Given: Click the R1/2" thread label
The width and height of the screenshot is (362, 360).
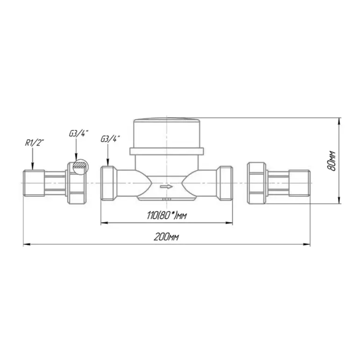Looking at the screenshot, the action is tap(34, 143).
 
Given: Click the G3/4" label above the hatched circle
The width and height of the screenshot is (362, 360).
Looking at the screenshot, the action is tap(79, 134).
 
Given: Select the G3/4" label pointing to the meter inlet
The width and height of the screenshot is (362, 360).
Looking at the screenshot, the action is tap(110, 139).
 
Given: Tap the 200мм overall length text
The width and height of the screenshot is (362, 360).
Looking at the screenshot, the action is tap(166, 237).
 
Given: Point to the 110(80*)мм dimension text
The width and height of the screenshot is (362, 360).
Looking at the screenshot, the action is tap(167, 216).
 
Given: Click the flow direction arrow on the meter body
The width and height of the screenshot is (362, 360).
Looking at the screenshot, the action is tap(167, 186).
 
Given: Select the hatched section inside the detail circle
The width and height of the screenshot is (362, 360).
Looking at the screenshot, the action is tap(80, 165).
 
